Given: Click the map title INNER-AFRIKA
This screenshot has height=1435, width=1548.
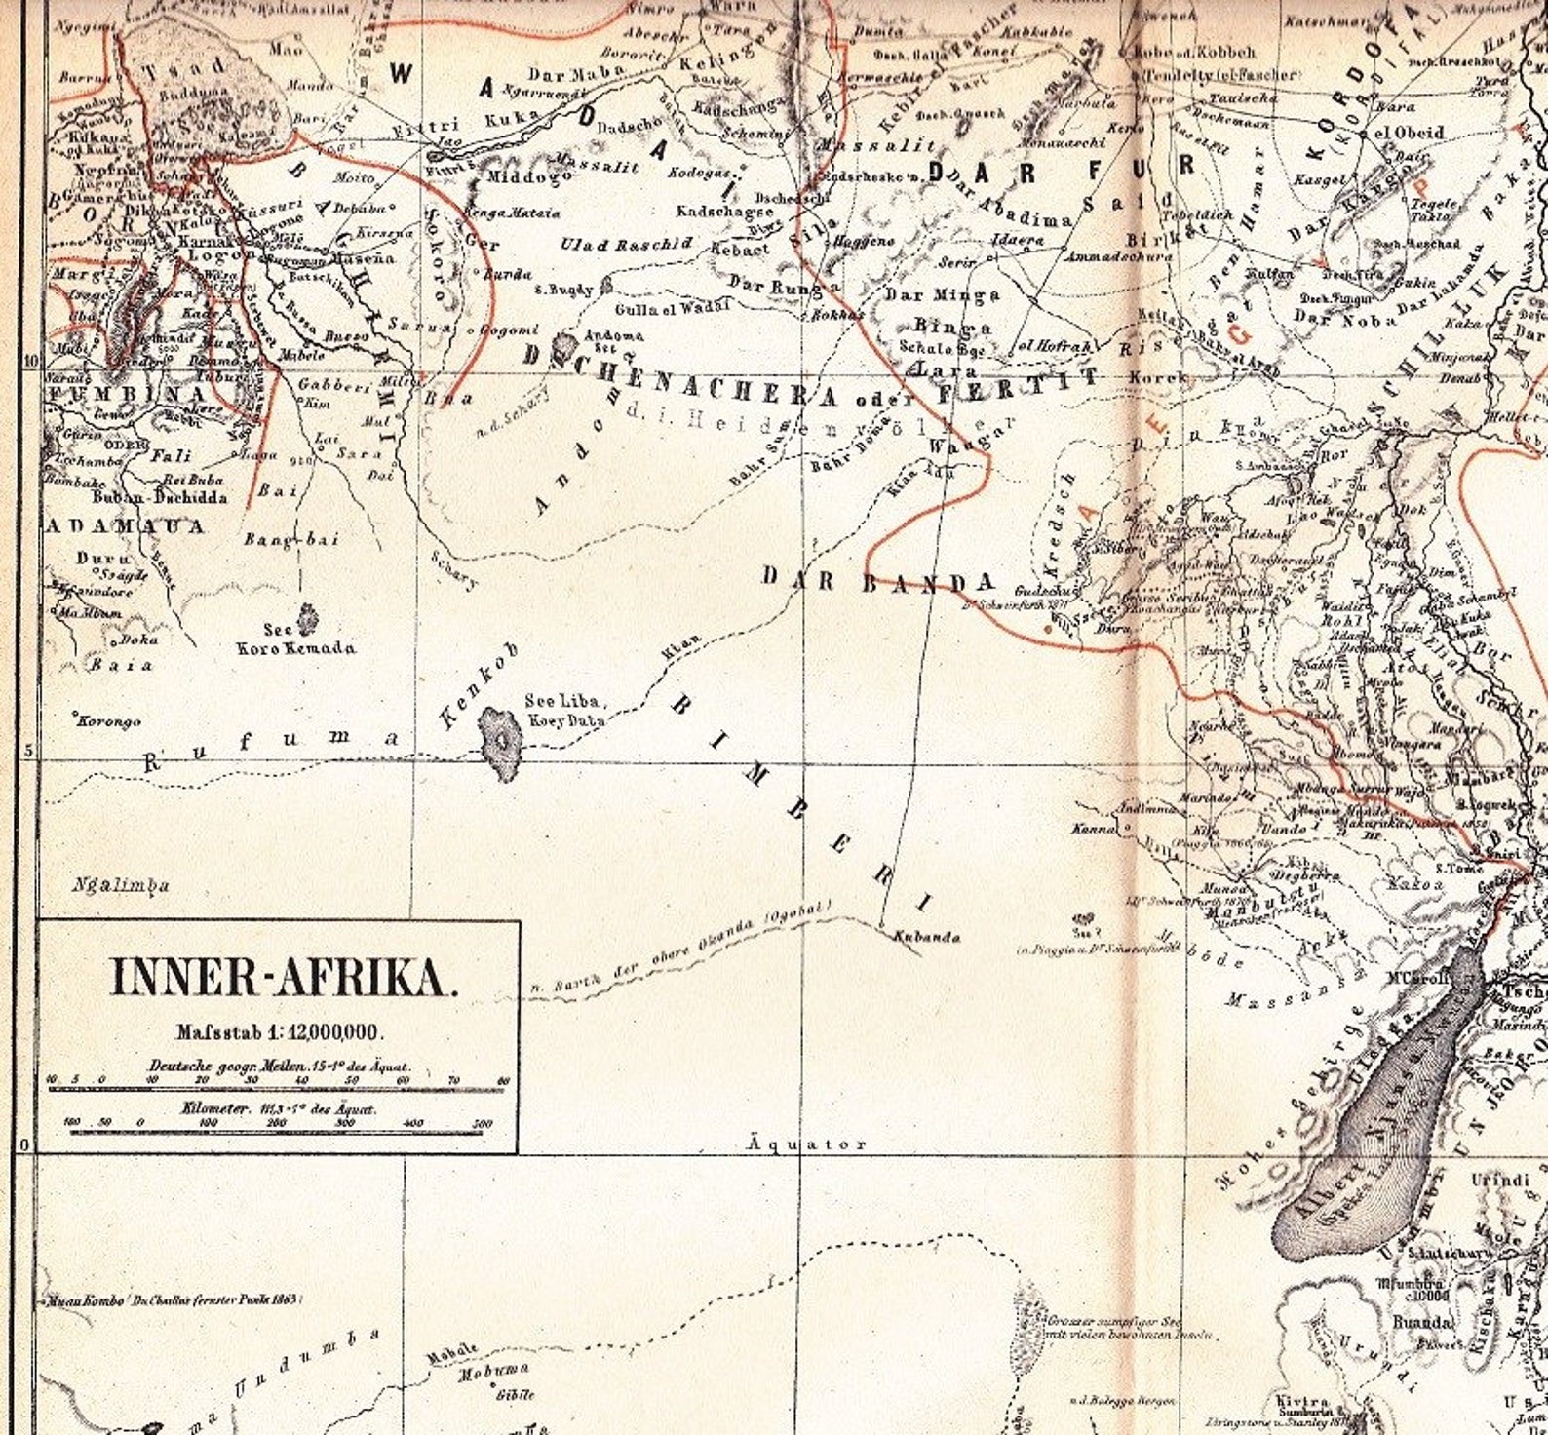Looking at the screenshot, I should click(x=283, y=978).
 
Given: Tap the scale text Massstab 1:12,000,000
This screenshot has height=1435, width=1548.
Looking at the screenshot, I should click(x=281, y=1030).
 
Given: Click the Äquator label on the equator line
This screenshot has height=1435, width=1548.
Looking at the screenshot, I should click(x=807, y=1144).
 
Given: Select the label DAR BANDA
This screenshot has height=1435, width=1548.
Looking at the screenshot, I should click(x=878, y=581).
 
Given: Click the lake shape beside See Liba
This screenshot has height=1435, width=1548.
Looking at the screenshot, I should click(x=501, y=743).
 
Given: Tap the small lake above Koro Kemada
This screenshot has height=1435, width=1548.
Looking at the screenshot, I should click(x=308, y=617).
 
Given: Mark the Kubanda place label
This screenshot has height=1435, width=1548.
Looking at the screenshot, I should click(x=927, y=938).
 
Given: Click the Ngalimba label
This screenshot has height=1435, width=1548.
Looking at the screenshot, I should click(x=121, y=885).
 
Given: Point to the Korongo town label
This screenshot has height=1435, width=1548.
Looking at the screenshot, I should click(x=109, y=721).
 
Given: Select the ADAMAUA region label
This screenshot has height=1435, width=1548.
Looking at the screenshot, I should click(x=126, y=526).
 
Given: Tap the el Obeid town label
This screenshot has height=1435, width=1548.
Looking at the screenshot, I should click(x=1409, y=133).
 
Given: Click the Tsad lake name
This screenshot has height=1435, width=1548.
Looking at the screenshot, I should click(x=184, y=70).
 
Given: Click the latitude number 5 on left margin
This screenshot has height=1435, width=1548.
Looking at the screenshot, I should click(x=28, y=751).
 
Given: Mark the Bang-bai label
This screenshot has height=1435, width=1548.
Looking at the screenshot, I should click(x=277, y=539).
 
